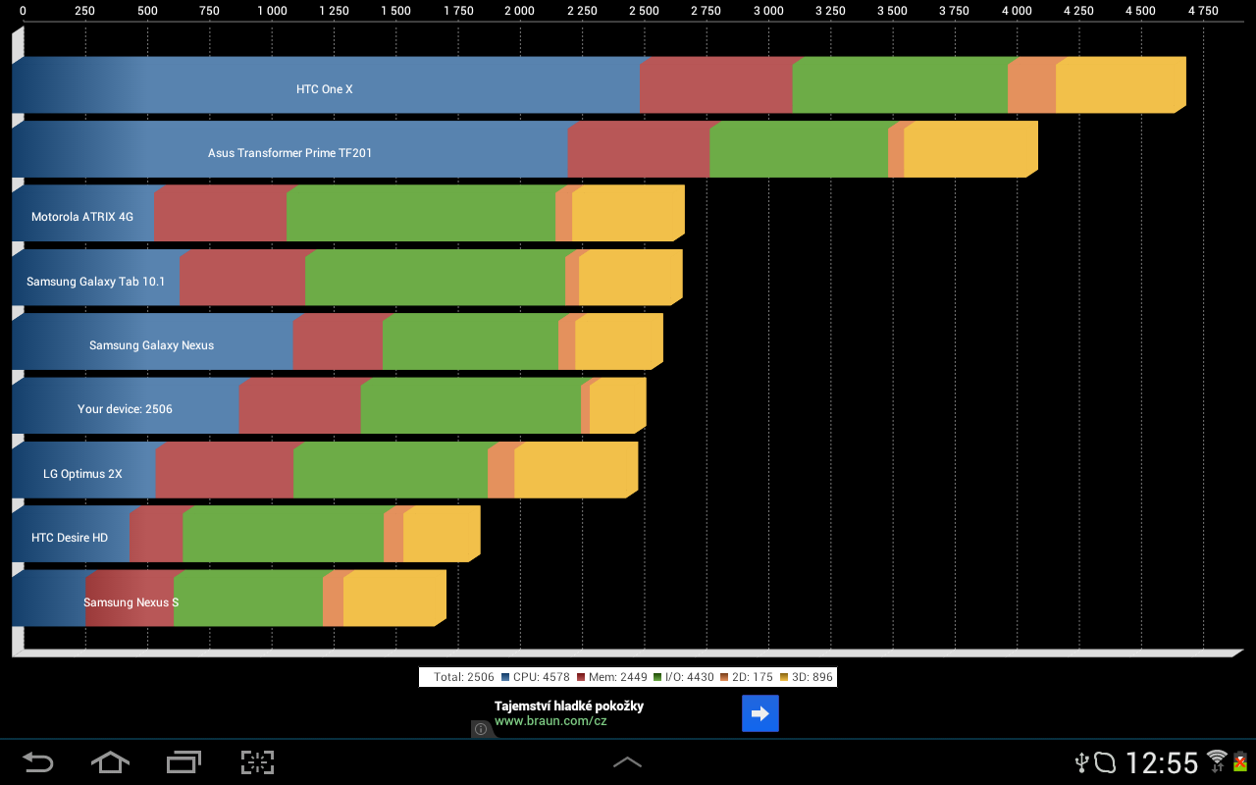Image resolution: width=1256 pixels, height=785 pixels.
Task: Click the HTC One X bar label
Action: click(x=324, y=89)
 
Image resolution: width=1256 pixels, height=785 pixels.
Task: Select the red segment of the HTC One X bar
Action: click(x=715, y=86)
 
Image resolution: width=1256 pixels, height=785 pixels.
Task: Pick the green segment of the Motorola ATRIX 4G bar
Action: click(x=420, y=214)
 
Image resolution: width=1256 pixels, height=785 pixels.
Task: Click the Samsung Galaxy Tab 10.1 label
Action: click(x=95, y=282)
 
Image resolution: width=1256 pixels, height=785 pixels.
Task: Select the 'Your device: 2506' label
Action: click(x=125, y=409)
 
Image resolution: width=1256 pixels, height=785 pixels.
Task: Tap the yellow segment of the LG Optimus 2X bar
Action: click(x=575, y=471)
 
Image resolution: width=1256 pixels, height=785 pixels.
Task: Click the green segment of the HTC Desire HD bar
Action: click(x=283, y=536)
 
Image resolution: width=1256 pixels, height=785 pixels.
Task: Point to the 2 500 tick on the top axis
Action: click(x=644, y=12)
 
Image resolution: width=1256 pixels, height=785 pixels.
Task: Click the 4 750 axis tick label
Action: click(x=1202, y=12)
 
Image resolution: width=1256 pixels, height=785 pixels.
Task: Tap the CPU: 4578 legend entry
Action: click(x=535, y=677)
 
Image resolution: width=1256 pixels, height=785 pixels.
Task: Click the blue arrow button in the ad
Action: click(x=759, y=713)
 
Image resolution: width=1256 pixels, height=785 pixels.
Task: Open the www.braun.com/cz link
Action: click(x=550, y=721)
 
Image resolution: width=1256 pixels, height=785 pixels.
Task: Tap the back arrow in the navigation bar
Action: click(x=38, y=762)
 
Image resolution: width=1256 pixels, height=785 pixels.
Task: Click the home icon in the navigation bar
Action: click(x=110, y=762)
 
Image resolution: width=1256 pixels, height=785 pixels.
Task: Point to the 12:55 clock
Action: click(x=1162, y=762)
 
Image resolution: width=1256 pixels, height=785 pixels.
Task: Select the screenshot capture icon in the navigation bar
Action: click(x=257, y=762)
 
